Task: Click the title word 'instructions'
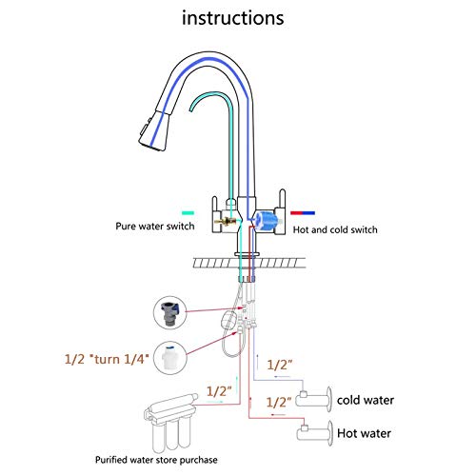pos(237,17)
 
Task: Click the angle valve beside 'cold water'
pos(314,398)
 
